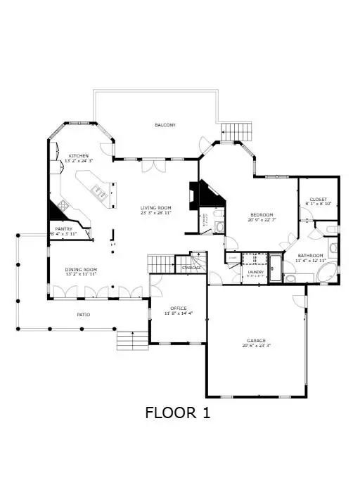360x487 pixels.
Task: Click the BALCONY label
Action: point(165,125)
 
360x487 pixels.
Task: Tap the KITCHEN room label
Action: point(78,155)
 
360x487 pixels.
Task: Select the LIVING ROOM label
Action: point(155,207)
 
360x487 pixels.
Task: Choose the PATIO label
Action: point(83,315)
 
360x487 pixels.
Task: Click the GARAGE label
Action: point(256,340)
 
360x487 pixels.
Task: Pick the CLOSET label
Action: point(319,200)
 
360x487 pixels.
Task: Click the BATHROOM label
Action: point(310,255)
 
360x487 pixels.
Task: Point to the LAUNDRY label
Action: point(255,271)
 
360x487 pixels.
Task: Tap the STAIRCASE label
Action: point(191,268)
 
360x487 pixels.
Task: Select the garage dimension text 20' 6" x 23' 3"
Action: point(256,346)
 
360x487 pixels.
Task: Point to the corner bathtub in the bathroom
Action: point(325,273)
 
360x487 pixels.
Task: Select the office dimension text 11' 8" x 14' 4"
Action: point(178,313)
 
